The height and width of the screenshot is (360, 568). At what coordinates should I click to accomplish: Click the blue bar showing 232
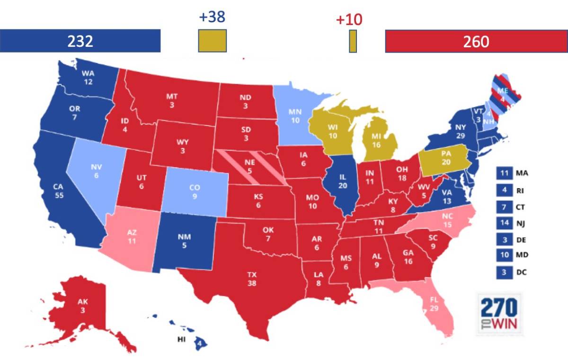(x=80, y=41)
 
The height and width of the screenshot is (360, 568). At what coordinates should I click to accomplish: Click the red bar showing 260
(x=476, y=41)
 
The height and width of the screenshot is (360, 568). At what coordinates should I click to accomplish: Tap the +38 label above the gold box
(x=212, y=17)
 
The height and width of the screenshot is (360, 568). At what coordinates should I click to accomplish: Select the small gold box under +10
(x=353, y=41)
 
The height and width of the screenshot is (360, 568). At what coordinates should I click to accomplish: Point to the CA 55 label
(x=59, y=194)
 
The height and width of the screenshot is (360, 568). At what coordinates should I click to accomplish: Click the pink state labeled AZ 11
(x=132, y=235)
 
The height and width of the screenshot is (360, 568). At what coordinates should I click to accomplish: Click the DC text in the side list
(x=521, y=272)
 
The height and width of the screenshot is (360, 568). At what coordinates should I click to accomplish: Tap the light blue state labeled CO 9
(x=194, y=191)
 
